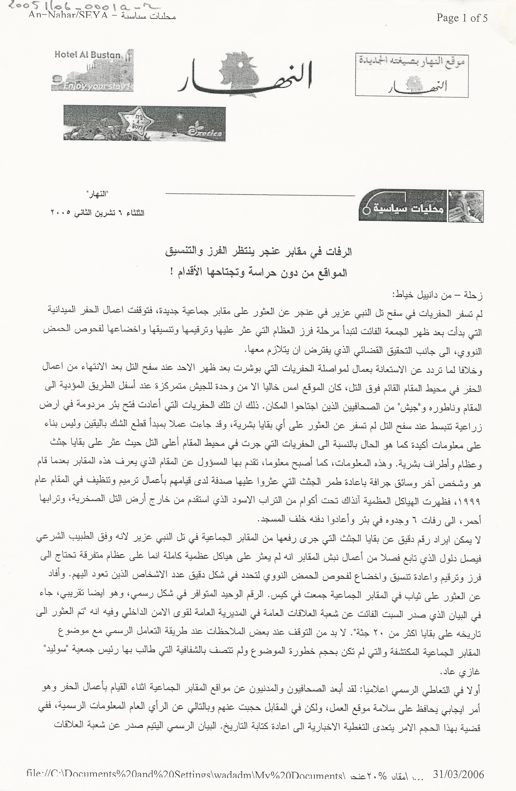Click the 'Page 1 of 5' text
(x=462, y=18)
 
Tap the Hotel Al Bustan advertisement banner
(x=92, y=70)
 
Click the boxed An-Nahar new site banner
(x=412, y=75)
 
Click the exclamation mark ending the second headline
(x=173, y=273)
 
